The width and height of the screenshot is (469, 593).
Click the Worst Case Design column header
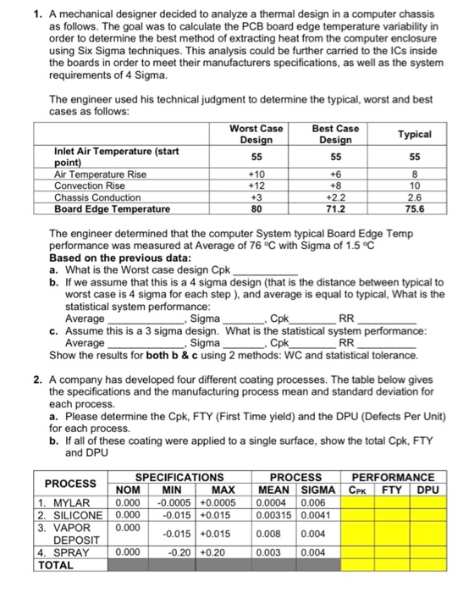(256, 133)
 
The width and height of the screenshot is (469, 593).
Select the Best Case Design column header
(335, 133)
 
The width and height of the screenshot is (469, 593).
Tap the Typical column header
(415, 134)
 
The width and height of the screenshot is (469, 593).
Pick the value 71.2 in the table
(335, 208)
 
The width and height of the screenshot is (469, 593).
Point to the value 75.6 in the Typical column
(415, 208)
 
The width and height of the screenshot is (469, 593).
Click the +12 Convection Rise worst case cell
(256, 186)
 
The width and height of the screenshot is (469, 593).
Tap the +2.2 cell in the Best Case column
(335, 197)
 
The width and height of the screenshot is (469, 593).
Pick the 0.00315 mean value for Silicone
(275, 514)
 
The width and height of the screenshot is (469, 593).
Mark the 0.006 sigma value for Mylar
(312, 502)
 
